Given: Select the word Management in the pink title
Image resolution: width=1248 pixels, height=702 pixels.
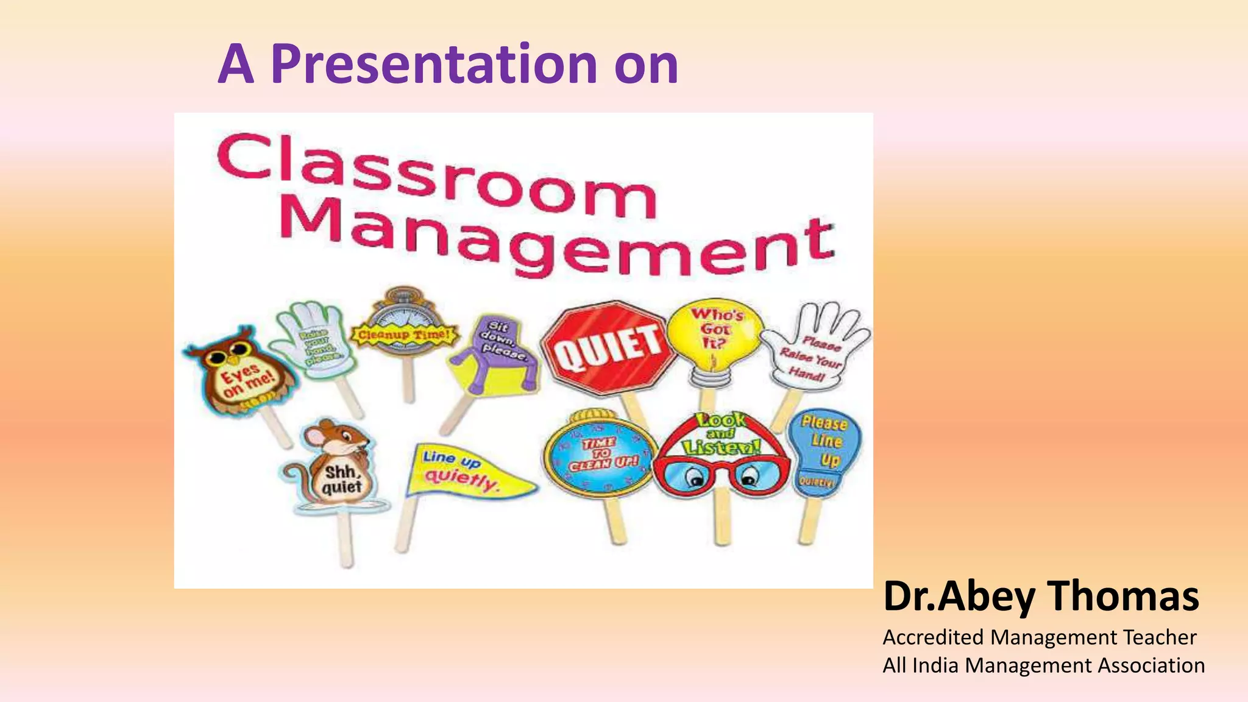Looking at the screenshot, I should [558, 244].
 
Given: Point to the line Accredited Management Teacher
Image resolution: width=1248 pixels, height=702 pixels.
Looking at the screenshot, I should [1039, 637].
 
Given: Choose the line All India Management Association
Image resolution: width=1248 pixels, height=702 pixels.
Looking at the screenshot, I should [1043, 665].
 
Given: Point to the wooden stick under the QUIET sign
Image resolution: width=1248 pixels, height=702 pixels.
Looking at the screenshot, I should [634, 408].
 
